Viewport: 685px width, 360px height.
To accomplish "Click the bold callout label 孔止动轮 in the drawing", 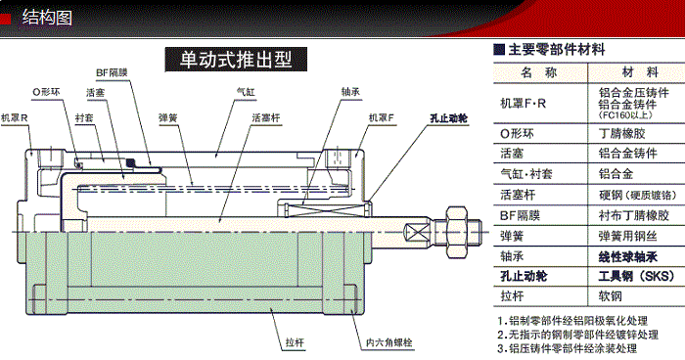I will [x=448, y=117].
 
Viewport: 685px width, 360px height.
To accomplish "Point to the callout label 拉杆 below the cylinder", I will [x=296, y=342].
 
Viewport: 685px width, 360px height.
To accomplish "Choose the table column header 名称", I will [x=538, y=73].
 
